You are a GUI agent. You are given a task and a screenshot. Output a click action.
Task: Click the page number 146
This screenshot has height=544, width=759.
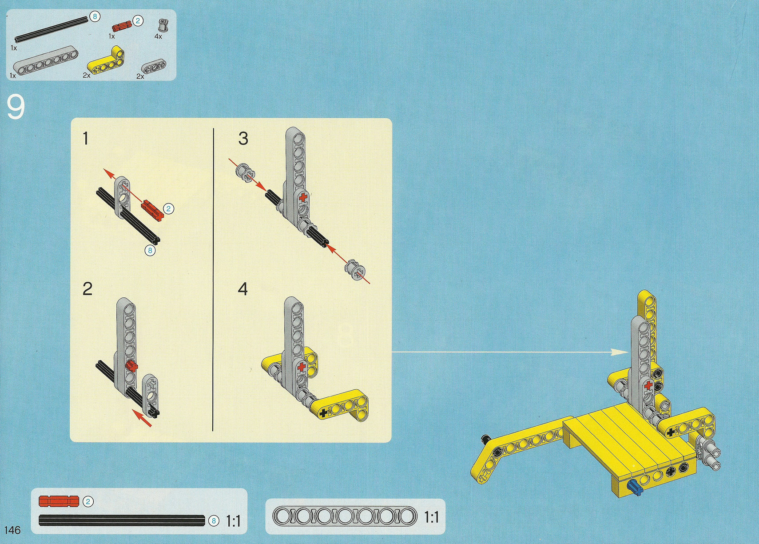tap(12, 530)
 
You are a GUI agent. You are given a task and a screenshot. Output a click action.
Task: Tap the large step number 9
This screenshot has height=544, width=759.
tap(16, 107)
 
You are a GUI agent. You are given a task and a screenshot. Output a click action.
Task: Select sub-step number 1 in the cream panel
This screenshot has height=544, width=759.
tap(86, 138)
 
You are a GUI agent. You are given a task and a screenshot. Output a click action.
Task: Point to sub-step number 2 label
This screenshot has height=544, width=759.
tap(87, 288)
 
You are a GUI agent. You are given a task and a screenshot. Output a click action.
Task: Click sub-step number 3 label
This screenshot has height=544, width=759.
tap(243, 138)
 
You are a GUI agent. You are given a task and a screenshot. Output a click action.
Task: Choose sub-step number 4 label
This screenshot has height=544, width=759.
tap(243, 288)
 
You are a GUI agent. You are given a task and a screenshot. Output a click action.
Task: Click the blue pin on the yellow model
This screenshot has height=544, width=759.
tap(635, 488)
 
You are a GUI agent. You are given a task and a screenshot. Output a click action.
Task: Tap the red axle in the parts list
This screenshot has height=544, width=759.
tap(122, 27)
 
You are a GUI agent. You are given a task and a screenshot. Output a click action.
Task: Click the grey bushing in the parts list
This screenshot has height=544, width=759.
tap(164, 25)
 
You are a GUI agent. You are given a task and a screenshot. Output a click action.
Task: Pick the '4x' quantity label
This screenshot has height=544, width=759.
tap(158, 36)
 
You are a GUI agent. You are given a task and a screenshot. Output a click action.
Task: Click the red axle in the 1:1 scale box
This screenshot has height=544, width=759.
tap(59, 501)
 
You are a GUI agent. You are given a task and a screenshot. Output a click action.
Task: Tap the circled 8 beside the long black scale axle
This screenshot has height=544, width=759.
tap(214, 521)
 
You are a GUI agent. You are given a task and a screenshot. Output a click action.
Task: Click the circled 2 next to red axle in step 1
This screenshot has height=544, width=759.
tap(168, 208)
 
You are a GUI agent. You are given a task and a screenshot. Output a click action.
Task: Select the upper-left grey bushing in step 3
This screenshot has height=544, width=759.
tap(246, 173)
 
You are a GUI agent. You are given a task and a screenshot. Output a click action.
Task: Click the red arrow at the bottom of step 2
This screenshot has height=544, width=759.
tap(142, 418)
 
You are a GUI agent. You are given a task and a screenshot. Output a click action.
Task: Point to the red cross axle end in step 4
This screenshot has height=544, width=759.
tap(302, 367)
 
